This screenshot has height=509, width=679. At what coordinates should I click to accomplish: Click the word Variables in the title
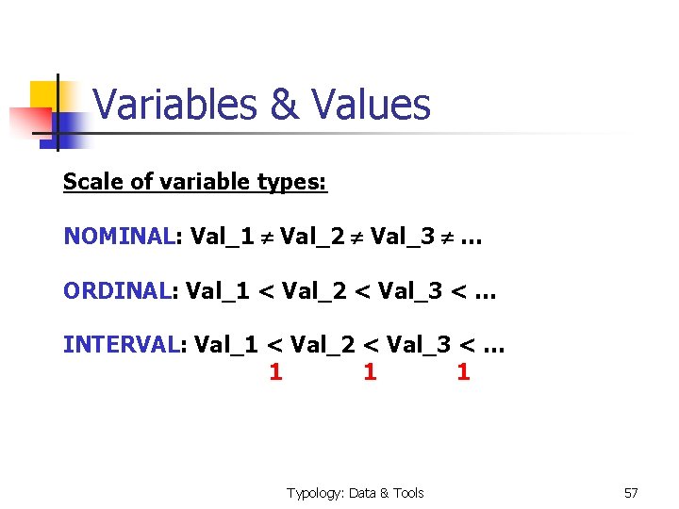[175, 105]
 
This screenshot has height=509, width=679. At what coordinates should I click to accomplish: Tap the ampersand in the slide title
[284, 105]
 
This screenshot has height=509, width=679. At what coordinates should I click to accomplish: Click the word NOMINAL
[119, 236]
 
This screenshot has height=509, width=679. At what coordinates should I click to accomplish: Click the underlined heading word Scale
[92, 181]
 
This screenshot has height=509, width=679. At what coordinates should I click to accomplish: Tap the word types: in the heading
[291, 182]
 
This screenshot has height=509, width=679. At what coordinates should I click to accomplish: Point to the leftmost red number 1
[275, 372]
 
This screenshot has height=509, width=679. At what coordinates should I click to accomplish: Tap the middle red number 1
[370, 372]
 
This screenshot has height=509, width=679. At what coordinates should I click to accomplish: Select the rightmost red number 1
[463, 372]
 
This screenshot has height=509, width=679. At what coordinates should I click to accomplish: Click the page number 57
[631, 493]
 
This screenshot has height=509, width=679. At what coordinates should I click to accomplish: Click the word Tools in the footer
[408, 493]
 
